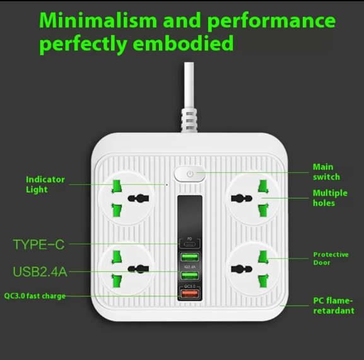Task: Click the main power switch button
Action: (x=190, y=174)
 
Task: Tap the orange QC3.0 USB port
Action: (x=190, y=294)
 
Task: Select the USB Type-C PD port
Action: (x=190, y=244)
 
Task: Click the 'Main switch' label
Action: (x=326, y=172)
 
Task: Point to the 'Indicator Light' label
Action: (x=45, y=184)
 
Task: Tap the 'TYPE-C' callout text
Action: (x=38, y=244)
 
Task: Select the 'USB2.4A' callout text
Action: (x=40, y=272)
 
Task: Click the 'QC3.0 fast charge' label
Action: (x=35, y=296)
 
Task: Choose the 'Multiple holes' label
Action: (x=330, y=198)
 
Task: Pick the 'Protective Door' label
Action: (x=331, y=258)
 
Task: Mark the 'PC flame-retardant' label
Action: (x=334, y=306)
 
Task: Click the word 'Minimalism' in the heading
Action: (x=98, y=20)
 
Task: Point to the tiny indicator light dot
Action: (x=167, y=185)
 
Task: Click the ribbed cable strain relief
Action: (x=189, y=120)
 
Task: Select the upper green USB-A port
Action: (x=190, y=257)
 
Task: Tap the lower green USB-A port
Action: (x=190, y=276)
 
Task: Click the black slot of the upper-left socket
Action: (x=138, y=199)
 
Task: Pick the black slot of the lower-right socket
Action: (x=242, y=269)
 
